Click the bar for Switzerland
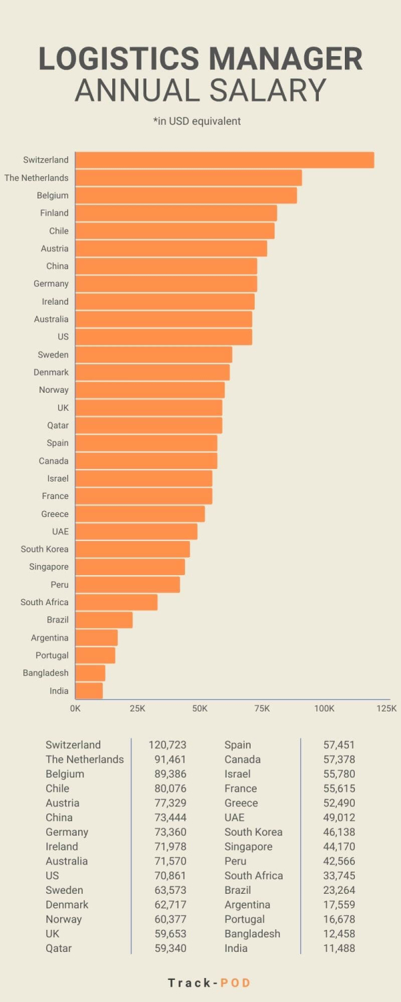pos(224,160)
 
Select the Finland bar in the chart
pos(176,213)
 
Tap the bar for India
pos(89,691)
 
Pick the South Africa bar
pos(116,602)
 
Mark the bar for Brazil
pos(104,620)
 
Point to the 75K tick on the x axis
pos(262,708)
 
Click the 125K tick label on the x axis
pos(386,708)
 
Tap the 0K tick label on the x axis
pos(76,708)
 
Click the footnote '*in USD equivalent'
pos(196,122)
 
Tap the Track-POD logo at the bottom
pos(209,983)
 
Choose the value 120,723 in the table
pos(167,745)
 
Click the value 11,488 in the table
pos(338,948)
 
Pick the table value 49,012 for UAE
pos(338,817)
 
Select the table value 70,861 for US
pos(170,875)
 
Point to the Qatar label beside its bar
pos(58,426)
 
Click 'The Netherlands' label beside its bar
pos(36,178)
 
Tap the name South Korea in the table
pos(253,832)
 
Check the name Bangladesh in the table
pos(252,933)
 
